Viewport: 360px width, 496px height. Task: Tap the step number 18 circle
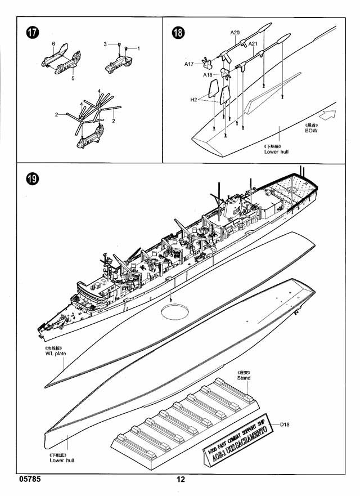(178, 33)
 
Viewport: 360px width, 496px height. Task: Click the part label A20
(235, 33)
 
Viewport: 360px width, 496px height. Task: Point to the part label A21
(253, 43)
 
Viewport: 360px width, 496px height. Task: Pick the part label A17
(189, 64)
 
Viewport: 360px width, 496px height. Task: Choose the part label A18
(208, 74)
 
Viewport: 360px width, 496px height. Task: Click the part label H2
(193, 100)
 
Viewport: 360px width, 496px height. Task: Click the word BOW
(311, 131)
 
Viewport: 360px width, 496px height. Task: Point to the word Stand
(244, 378)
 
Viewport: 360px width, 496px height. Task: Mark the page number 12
(180, 480)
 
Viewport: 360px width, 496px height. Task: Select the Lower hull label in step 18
(276, 151)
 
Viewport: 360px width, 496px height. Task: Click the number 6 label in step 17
(53, 43)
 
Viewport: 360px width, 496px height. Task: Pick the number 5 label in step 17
(73, 78)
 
